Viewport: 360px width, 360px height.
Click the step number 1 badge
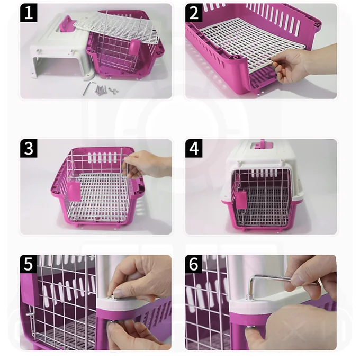tap(29, 13)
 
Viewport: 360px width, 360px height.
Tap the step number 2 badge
tap(194, 13)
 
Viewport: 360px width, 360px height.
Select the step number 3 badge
tap(29, 149)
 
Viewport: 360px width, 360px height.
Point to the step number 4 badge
tap(194, 149)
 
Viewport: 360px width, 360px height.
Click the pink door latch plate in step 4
tap(241, 200)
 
